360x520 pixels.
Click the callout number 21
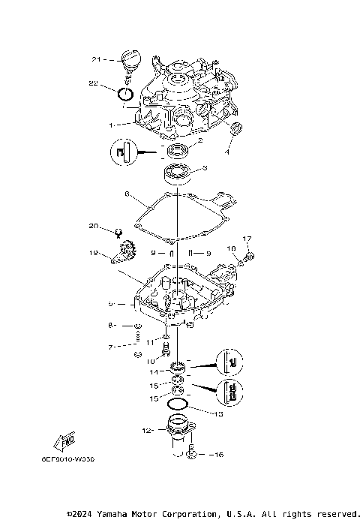point(96,59)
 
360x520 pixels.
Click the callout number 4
point(229,152)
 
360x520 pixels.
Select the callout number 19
point(93,254)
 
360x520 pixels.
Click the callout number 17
point(249,239)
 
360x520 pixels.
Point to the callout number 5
point(110,304)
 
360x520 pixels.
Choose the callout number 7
point(110,347)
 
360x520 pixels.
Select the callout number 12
point(147,430)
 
